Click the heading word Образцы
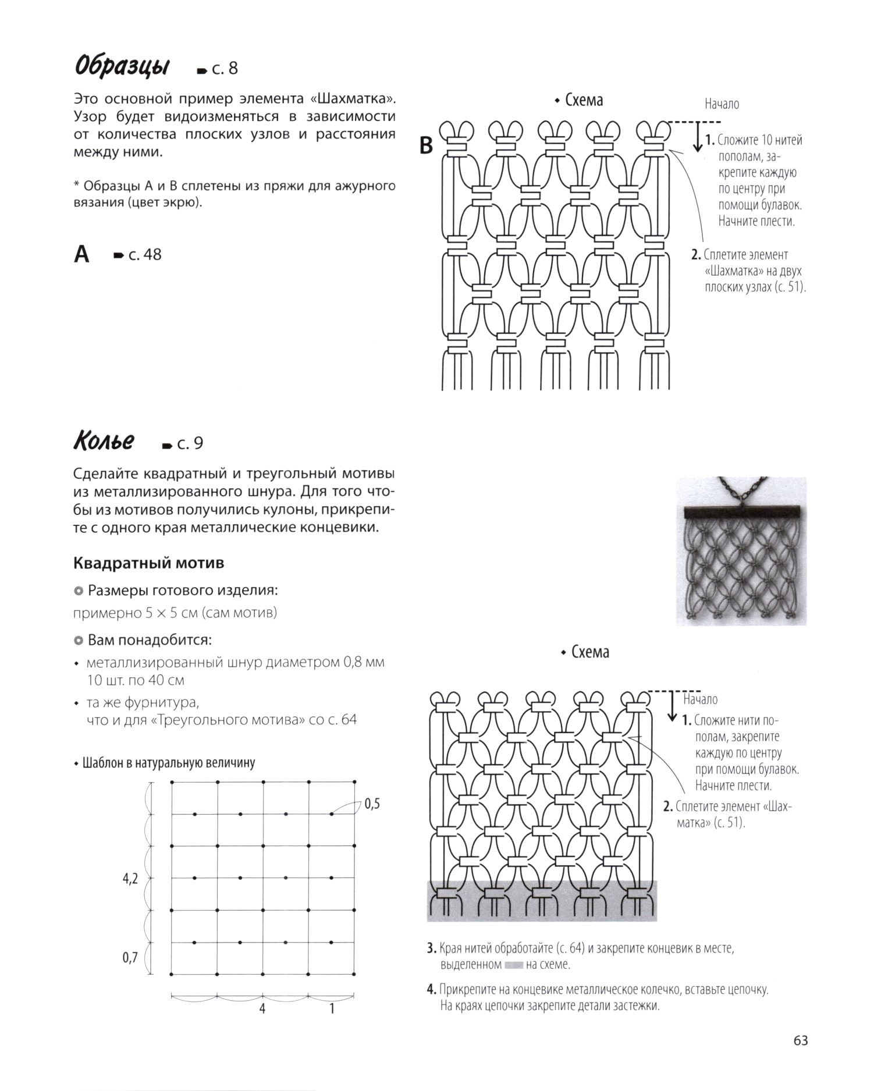pos(122,67)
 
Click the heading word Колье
pos(104,442)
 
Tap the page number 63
pos(801,1040)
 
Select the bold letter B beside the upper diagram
pos(427,146)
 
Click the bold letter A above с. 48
pos(82,255)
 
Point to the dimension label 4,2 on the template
pos(130,879)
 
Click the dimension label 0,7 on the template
pos(130,957)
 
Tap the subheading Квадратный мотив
pos(149,563)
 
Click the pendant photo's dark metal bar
pos(741,513)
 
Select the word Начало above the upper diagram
pos(722,104)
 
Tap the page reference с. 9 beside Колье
pos(189,443)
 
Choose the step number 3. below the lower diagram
pos(431,948)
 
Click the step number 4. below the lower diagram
pos(431,989)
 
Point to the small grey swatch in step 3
pos(514,965)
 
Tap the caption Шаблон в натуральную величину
pos(169,763)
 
